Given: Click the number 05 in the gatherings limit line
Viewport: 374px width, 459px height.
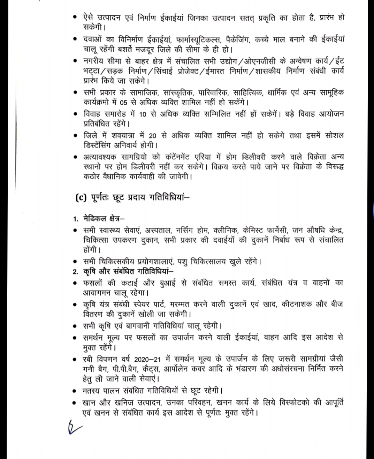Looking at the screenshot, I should (123, 103).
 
